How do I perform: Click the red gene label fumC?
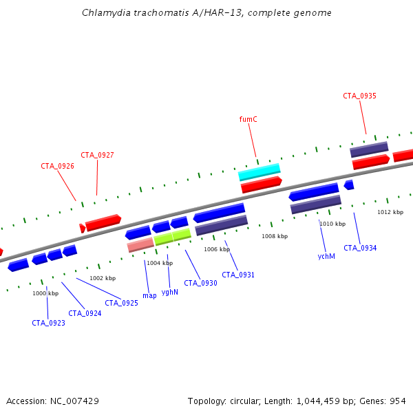coord(248,119)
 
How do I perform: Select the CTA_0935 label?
coord(359,96)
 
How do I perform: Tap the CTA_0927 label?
coord(97,155)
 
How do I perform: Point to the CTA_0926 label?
coord(57,166)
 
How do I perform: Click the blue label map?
coord(149,296)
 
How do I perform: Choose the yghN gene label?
coord(170,292)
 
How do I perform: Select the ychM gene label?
coord(326,256)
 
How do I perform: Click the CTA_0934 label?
coord(360,248)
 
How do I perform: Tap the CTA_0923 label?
coord(48,323)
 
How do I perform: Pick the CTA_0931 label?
coord(238,275)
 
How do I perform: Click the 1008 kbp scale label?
coord(275,236)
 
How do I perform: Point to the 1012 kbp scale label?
coord(390,212)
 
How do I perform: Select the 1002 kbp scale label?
coord(103,278)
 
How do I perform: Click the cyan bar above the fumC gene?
coord(260,172)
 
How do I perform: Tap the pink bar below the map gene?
coord(140,244)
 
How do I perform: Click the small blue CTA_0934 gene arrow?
coord(349,184)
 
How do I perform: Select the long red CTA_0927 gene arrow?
coord(103,222)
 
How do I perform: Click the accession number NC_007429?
coord(74,401)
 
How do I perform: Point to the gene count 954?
coord(398,401)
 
